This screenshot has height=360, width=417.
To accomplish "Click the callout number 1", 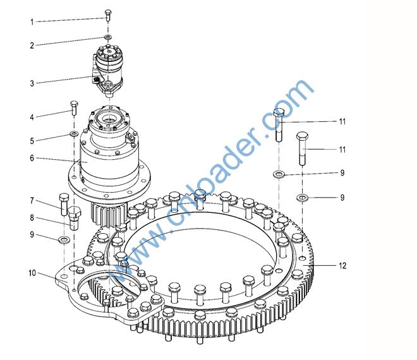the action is (x=32, y=22).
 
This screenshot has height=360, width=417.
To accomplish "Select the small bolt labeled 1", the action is (x=108, y=15).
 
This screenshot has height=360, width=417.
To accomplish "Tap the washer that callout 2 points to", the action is (x=108, y=37).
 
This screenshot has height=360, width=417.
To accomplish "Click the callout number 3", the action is (x=32, y=83).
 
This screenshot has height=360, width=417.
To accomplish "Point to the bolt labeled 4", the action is (x=74, y=108).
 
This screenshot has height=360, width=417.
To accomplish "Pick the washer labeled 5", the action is (x=74, y=133).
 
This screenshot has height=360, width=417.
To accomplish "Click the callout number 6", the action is (x=32, y=158).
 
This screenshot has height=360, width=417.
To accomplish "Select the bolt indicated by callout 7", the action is (x=64, y=205).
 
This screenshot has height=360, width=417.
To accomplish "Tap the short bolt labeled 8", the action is (x=74, y=219).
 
